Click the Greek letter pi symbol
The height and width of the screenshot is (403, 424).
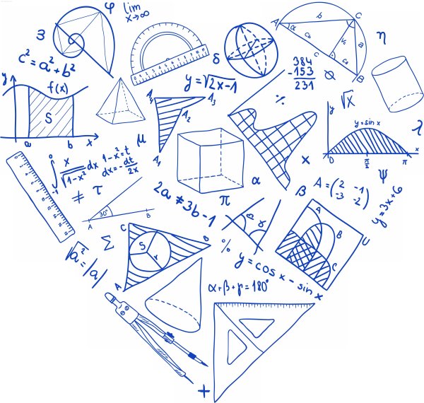pos(225,200)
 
